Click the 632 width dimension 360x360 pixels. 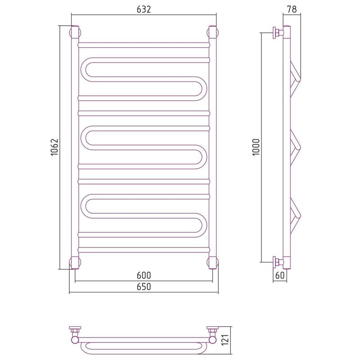coord(144,9)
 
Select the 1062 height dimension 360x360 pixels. coord(54,148)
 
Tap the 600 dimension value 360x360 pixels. coord(144,275)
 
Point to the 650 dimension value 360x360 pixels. coord(144,287)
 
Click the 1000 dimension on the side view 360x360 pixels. coord(256,148)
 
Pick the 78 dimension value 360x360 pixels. coord(292,9)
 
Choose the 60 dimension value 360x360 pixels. coord(280,275)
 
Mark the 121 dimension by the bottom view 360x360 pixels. coord(225,340)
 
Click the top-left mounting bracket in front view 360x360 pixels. coord(75,32)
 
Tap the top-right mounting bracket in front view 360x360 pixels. coord(212,32)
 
